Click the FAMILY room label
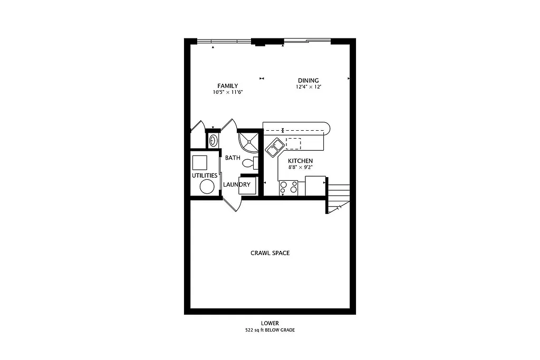pos(227,86)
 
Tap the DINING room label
pos(308,81)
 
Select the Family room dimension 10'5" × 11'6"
pos(227,92)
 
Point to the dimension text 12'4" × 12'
pos(308,87)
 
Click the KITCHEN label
pos(300,161)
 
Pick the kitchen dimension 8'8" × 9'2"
pos(300,168)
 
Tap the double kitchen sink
pos(274,148)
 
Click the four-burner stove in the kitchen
pos(288,187)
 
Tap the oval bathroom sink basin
pos(213,140)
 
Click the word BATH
pos(233,158)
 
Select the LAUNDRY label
pos(236,184)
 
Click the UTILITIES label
pos(204,175)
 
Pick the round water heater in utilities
pos(206,187)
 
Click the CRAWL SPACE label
pos(269,253)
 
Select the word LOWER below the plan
pos(269,323)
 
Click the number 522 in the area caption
pos(249,330)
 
